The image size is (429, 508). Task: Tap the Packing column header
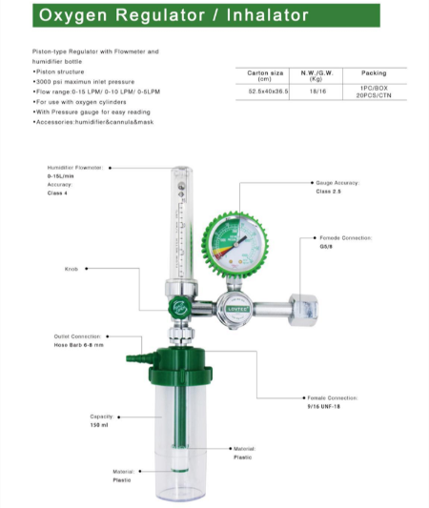tap(374, 72)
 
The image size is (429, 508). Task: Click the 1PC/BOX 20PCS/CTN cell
tap(374, 92)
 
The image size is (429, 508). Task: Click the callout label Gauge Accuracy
tap(335, 182)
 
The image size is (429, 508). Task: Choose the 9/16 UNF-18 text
tap(323, 406)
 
